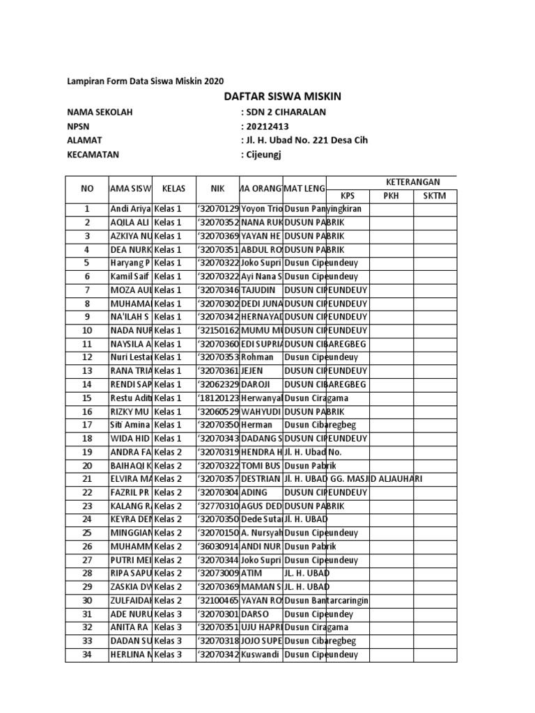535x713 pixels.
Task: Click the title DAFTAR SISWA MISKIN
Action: click(282, 96)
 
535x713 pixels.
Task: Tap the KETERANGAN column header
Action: click(391, 181)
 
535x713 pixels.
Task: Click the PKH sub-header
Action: click(391, 196)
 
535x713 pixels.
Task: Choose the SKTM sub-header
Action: click(435, 196)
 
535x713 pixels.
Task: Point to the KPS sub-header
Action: click(348, 196)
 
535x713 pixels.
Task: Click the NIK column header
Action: click(217, 188)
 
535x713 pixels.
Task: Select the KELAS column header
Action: click(173, 188)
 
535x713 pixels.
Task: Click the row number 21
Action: click(87, 479)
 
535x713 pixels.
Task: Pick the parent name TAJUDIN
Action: click(258, 290)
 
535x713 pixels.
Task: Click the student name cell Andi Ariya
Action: click(130, 209)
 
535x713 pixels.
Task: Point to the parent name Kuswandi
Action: click(260, 655)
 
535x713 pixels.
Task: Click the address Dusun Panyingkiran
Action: click(323, 209)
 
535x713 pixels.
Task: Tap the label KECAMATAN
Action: click(93, 155)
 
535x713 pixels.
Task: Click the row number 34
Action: click(87, 655)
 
